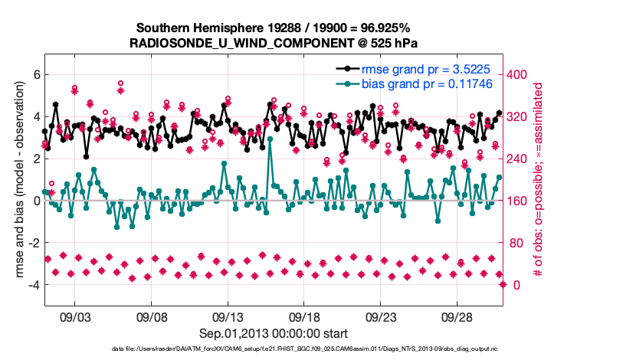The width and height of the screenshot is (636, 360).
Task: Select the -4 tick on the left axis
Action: (x=32, y=285)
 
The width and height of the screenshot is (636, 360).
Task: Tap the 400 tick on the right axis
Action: (x=520, y=74)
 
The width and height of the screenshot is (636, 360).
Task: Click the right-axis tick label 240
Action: (x=520, y=159)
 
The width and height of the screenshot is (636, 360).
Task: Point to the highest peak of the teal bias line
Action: (x=270, y=139)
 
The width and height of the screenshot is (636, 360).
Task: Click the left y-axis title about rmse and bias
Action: (x=15, y=181)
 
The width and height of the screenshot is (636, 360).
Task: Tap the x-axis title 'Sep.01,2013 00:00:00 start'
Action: (x=273, y=333)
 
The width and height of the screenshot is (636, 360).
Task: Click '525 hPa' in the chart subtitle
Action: (x=390, y=42)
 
